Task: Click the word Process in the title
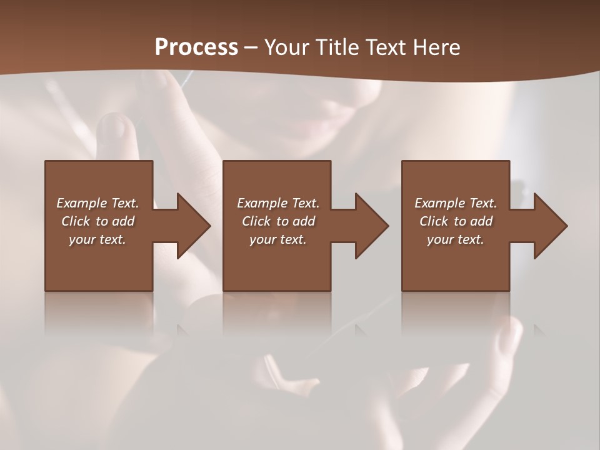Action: click(x=196, y=47)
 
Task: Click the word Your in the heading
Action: click(x=287, y=47)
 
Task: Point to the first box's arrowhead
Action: click(x=193, y=226)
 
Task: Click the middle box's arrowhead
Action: click(x=371, y=226)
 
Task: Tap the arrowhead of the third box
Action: click(x=550, y=226)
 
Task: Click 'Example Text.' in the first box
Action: click(x=97, y=203)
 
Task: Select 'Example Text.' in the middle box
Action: click(x=278, y=203)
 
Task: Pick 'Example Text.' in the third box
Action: click(x=456, y=203)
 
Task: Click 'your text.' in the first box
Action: click(x=97, y=239)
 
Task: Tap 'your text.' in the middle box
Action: click(x=278, y=239)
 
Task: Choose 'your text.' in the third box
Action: click(x=456, y=239)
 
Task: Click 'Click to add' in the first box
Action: click(x=97, y=221)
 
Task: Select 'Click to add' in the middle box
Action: click(x=278, y=221)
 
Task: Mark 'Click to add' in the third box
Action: click(x=456, y=221)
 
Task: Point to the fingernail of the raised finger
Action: click(x=113, y=126)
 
